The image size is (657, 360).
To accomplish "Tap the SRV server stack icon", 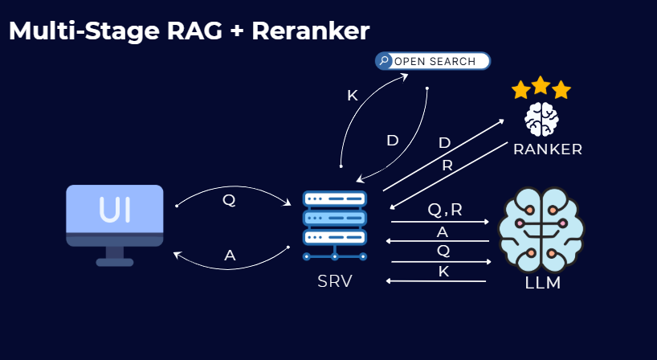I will tap(334, 224).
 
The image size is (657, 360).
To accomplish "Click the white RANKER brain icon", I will tap(541, 119).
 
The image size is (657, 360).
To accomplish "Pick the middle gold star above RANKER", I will tap(541, 84).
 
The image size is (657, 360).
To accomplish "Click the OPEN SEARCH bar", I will tap(433, 61).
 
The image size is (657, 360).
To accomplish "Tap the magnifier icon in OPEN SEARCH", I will tap(386, 61).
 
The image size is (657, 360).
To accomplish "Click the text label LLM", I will tap(542, 283).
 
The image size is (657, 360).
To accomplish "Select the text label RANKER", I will tap(548, 149).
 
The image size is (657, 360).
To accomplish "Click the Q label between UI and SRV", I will tap(229, 200).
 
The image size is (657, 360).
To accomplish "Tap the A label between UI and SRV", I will tap(230, 256).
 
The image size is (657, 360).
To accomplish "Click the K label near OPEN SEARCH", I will tap(352, 96).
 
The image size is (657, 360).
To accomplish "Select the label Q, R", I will tap(445, 210).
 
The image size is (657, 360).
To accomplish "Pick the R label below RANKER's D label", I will tap(447, 166).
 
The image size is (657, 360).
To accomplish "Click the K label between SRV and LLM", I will tap(443, 272).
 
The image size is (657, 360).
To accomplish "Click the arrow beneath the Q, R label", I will tap(440, 221).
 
